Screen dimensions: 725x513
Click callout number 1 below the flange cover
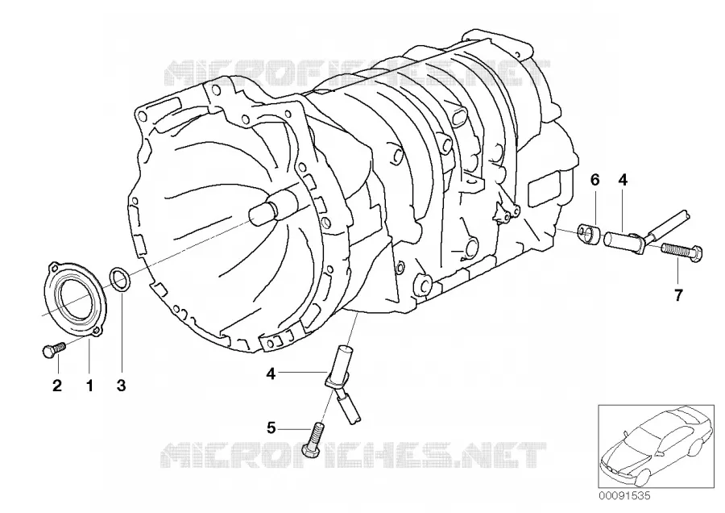pos(89,385)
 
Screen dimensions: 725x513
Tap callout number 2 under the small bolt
pos(57,385)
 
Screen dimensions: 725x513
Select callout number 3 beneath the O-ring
pos(121,385)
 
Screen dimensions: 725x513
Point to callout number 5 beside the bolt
pos(271,428)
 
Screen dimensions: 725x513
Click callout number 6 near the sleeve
pos(594,179)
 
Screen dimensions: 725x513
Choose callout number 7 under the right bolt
pos(677,295)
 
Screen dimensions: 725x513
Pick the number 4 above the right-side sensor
pos(623,179)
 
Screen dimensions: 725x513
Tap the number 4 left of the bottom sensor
pos(271,373)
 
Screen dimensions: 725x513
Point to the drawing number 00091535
pos(624,496)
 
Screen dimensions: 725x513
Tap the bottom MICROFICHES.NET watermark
pos(354,454)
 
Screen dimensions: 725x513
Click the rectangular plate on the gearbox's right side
pos(545,190)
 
